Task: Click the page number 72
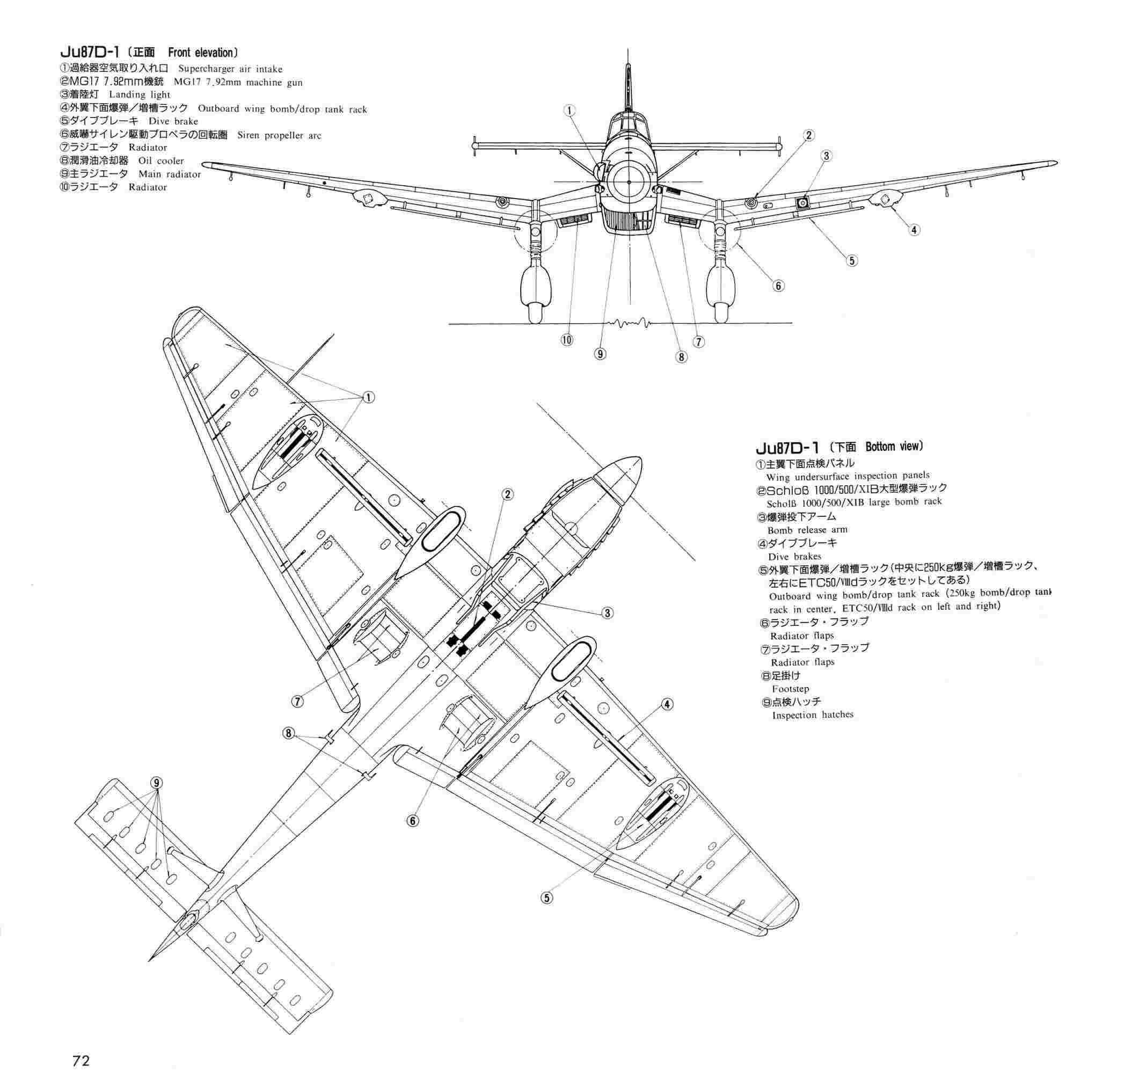tap(82, 1061)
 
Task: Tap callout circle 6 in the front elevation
tap(778, 286)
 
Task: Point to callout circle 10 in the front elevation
tap(567, 340)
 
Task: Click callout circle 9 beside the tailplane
tap(156, 783)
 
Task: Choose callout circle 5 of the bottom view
tap(546, 898)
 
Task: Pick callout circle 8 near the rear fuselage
tap(288, 733)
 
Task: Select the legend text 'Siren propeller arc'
tap(279, 135)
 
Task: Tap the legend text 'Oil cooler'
tap(160, 161)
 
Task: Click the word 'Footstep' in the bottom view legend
tap(790, 689)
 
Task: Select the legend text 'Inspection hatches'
tap(812, 714)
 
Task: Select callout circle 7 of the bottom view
tap(297, 701)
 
